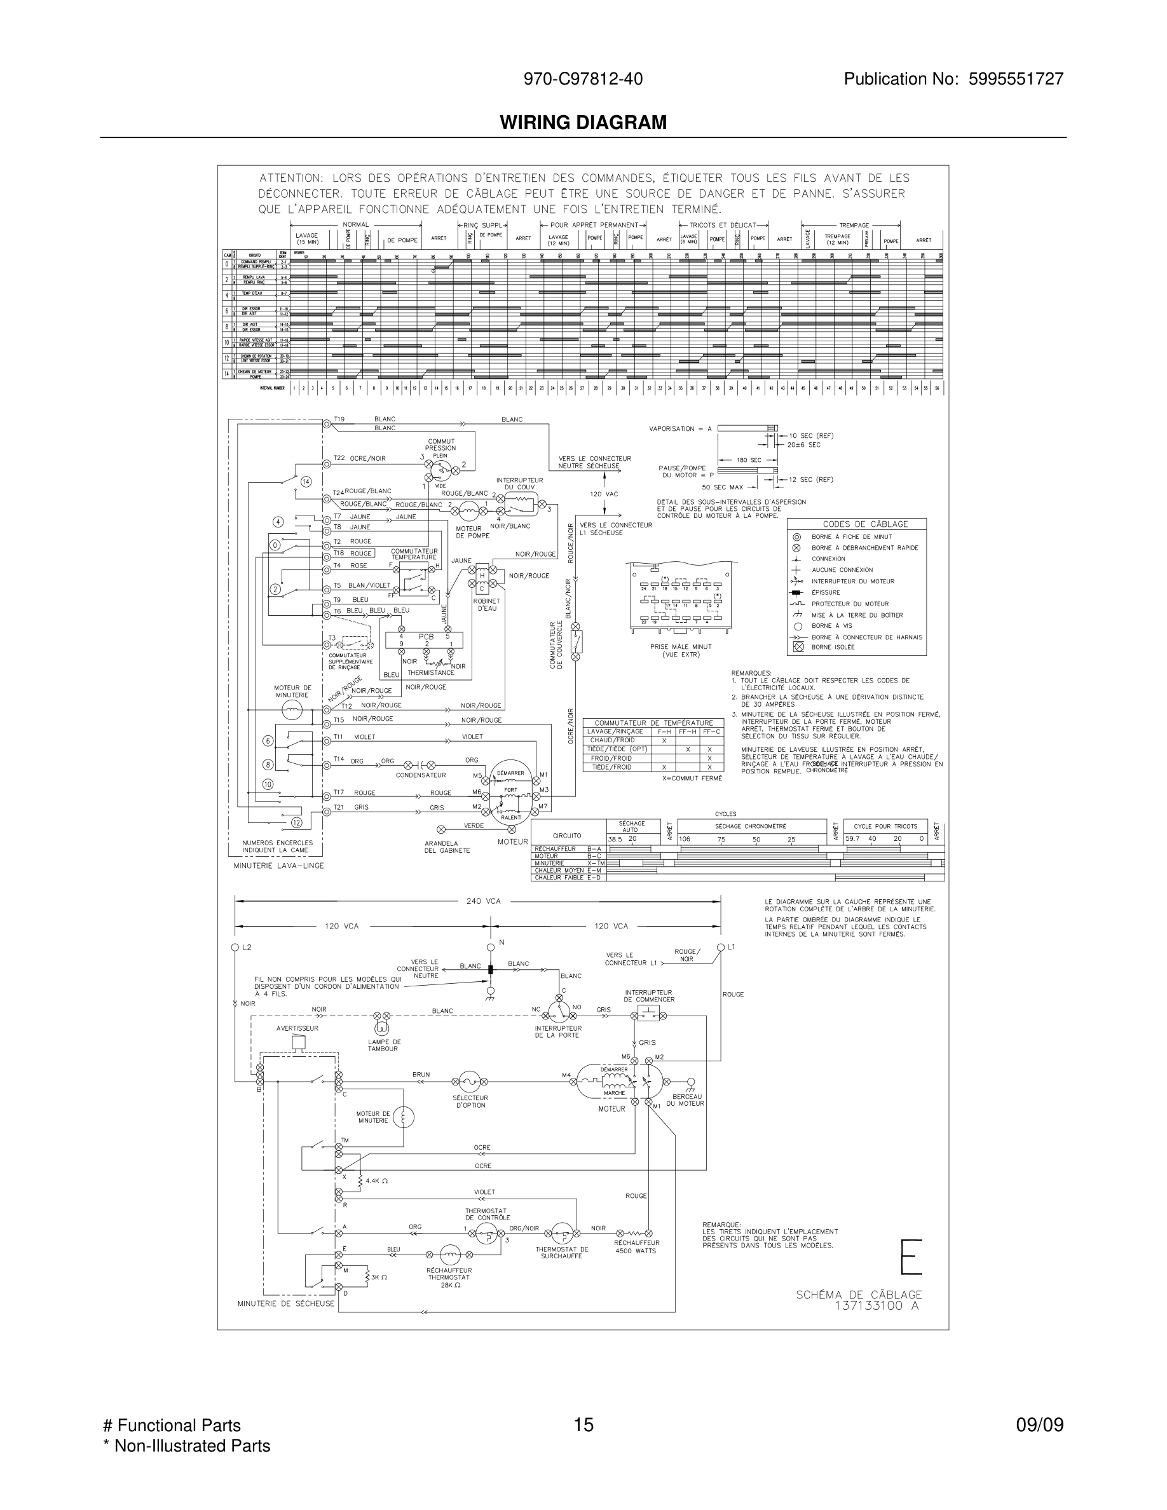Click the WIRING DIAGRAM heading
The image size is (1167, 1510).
(x=583, y=123)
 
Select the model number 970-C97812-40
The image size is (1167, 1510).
(x=583, y=79)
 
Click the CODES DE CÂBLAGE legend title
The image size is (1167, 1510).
(x=856, y=524)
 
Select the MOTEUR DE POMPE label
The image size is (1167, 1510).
(x=472, y=533)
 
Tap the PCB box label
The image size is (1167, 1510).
(x=425, y=637)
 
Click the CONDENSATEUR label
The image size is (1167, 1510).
(x=420, y=775)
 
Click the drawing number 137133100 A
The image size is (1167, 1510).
(x=877, y=1306)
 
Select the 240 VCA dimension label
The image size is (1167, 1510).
(x=483, y=901)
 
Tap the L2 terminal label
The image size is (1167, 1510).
(x=247, y=947)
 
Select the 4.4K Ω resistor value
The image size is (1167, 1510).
(x=377, y=1181)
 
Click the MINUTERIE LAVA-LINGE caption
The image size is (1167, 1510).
(x=278, y=866)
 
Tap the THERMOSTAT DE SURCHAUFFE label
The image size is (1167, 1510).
(x=561, y=1252)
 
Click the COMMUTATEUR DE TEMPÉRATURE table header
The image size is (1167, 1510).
(x=653, y=723)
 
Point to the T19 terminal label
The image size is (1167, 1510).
(x=339, y=419)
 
